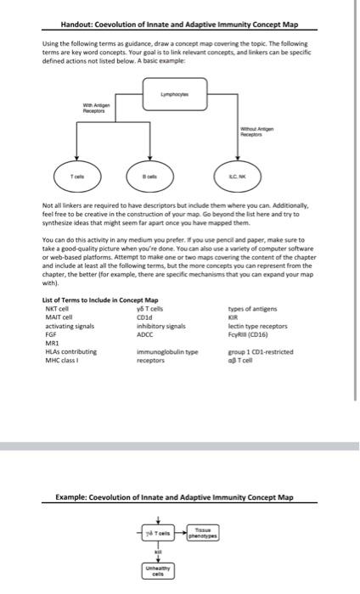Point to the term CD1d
pos(144,314)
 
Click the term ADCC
pos(145,329)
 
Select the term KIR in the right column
pos(234,314)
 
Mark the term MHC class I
pos(60,360)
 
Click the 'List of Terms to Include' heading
pos(99,299)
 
